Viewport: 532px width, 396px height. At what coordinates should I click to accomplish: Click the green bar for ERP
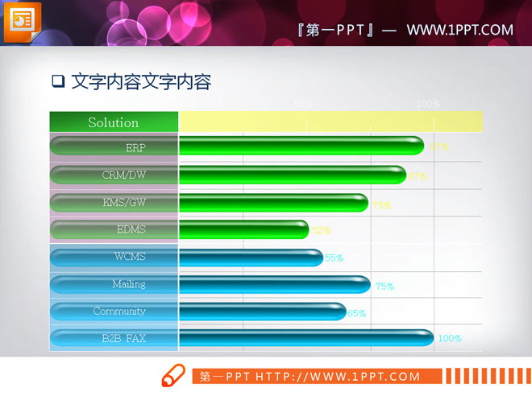click(x=301, y=146)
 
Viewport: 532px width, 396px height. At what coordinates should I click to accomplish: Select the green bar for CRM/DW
click(x=292, y=175)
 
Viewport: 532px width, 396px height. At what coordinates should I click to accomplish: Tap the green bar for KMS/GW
click(x=273, y=203)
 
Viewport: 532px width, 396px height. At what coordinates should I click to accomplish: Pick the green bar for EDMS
click(x=243, y=230)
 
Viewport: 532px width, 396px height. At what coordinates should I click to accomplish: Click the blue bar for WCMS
click(x=251, y=258)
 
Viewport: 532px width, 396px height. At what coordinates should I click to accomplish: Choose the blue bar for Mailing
click(x=274, y=285)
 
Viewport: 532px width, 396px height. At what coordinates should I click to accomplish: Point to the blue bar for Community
click(x=262, y=312)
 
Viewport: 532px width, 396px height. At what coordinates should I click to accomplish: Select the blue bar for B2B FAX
click(x=305, y=339)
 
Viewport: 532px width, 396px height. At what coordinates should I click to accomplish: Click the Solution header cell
click(x=114, y=122)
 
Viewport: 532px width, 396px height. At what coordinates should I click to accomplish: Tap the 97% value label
click(x=438, y=146)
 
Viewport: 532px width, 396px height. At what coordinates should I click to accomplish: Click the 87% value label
click(x=418, y=176)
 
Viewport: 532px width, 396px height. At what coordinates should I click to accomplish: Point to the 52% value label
click(x=321, y=230)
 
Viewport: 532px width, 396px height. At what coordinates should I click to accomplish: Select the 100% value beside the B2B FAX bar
click(x=450, y=339)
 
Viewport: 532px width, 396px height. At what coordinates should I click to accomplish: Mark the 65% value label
click(x=356, y=313)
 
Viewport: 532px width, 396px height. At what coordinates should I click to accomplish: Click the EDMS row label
click(x=131, y=229)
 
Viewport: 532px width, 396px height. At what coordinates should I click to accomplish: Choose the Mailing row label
click(x=129, y=283)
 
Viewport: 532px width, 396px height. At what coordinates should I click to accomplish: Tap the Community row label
click(x=119, y=311)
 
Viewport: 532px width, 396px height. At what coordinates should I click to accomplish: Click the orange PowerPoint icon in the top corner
click(x=23, y=19)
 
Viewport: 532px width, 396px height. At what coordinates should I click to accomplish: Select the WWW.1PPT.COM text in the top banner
click(x=459, y=30)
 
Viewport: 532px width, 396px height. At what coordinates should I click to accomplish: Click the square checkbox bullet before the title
click(x=57, y=81)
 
